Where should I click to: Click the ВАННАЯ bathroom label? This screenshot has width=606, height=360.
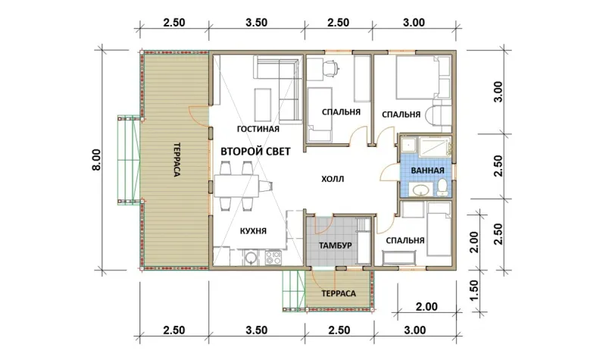427,171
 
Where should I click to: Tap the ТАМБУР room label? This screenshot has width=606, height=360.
335,246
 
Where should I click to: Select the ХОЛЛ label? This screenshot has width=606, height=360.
333,179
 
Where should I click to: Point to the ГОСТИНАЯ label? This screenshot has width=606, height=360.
258,129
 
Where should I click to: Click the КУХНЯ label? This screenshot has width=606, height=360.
253,231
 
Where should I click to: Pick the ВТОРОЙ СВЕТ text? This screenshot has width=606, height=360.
255,152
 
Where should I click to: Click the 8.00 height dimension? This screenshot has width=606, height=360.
96,160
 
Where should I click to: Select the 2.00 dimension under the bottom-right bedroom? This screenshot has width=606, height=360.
426,307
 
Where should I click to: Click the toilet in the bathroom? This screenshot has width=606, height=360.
442,187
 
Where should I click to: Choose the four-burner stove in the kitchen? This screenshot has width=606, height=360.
273,258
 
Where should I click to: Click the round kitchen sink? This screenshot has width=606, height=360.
251,258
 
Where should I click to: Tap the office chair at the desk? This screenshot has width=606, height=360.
330,67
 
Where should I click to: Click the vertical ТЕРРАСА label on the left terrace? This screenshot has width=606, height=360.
176,160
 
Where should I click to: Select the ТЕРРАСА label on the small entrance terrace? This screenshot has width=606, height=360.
339,293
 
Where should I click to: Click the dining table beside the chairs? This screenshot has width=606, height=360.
236,186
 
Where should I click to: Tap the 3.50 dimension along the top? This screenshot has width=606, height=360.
256,23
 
